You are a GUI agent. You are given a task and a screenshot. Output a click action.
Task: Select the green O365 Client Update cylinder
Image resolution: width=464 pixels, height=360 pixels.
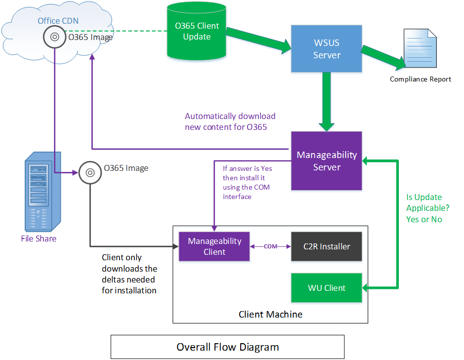(197, 31)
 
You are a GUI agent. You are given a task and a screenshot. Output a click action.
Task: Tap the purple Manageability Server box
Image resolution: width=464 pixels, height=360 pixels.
(327, 160)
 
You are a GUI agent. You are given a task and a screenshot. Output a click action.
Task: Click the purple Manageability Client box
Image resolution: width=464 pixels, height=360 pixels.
(214, 246)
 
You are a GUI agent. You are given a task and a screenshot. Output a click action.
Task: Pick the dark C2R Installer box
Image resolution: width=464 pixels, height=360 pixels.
(327, 246)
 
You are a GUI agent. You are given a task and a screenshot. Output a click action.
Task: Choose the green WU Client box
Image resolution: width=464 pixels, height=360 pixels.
(327, 287)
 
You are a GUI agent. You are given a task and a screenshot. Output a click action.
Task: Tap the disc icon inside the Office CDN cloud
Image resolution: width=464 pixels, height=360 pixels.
(54, 37)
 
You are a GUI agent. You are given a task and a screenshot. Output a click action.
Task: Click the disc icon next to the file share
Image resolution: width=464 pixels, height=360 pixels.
(90, 172)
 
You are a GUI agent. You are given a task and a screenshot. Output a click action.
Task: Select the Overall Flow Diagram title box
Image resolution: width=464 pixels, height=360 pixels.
(227, 347)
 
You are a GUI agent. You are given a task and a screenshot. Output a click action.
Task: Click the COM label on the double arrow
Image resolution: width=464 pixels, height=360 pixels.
(270, 246)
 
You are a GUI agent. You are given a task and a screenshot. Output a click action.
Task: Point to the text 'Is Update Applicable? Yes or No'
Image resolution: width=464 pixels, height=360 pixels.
(424, 208)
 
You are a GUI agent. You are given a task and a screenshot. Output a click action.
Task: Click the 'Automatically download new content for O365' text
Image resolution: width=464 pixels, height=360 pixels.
(230, 121)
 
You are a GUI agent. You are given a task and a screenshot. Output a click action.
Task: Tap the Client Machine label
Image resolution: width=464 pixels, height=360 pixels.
(270, 314)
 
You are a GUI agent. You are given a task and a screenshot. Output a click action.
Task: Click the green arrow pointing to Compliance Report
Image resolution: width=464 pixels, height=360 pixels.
(383, 56)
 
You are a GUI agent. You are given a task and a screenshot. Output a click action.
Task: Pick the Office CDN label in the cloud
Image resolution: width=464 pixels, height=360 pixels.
(58, 21)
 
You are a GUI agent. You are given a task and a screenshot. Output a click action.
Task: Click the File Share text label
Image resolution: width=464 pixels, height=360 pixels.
(39, 239)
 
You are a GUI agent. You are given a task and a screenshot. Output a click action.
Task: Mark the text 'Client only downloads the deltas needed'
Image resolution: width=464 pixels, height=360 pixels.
(129, 274)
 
